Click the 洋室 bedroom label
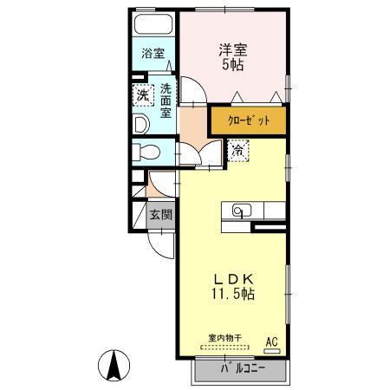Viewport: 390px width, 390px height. [x=233, y=50]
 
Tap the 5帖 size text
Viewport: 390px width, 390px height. [x=233, y=65]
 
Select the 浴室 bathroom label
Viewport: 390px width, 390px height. [x=153, y=54]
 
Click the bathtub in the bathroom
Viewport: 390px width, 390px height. [x=153, y=24]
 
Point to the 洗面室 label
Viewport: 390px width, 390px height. [x=166, y=101]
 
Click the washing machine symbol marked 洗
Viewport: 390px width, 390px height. [x=143, y=95]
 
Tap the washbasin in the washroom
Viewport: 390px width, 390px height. [x=141, y=125]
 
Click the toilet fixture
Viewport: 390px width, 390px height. [x=146, y=152]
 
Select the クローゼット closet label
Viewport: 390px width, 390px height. [x=249, y=120]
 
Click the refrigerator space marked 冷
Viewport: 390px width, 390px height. [x=238, y=151]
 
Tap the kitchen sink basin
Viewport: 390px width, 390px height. [x=242, y=211]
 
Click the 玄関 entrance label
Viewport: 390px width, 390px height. [x=161, y=215]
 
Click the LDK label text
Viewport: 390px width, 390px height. [x=234, y=279]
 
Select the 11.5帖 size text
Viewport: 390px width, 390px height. [x=233, y=294]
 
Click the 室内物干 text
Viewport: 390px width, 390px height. [x=225, y=338]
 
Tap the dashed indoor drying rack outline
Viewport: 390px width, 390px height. [x=224, y=348]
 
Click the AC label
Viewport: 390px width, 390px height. [x=272, y=342]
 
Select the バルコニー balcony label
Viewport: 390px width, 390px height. [x=243, y=368]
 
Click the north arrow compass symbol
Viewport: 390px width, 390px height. [x=114, y=366]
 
